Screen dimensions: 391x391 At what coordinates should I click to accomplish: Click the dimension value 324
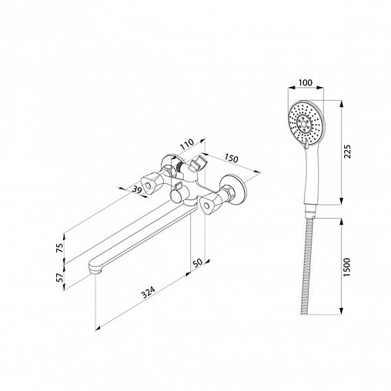[x=149, y=292]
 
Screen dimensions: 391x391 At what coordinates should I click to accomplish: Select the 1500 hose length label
[x=346, y=267]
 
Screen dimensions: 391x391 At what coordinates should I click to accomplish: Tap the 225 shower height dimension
[x=347, y=152]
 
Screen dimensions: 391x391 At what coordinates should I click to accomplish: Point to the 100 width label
[x=306, y=82]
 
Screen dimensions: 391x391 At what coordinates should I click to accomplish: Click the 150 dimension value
[x=232, y=158]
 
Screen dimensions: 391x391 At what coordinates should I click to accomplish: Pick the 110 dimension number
[x=187, y=145]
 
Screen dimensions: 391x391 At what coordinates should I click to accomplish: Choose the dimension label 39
[x=137, y=189]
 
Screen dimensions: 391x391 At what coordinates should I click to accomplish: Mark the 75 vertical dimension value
[x=59, y=248]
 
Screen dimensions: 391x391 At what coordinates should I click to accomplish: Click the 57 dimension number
[x=59, y=278]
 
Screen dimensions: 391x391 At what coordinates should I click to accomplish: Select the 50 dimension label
[x=198, y=262]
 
